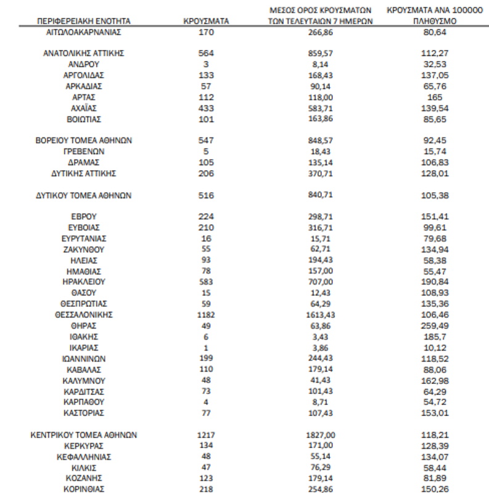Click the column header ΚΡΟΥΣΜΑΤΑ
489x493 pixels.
click(x=207, y=20)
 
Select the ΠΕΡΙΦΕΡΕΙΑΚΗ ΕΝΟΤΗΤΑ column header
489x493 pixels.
click(x=84, y=20)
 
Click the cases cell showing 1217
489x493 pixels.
click(x=207, y=434)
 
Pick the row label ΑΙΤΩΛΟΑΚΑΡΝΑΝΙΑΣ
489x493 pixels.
click(x=84, y=31)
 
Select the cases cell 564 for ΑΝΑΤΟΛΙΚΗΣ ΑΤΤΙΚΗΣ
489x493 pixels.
click(x=207, y=53)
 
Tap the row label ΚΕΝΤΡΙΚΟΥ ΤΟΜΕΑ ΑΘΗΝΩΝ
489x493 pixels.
click(x=84, y=434)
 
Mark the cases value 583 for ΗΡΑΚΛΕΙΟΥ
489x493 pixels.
click(x=207, y=282)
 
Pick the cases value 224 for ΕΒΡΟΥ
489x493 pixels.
click(x=207, y=217)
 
